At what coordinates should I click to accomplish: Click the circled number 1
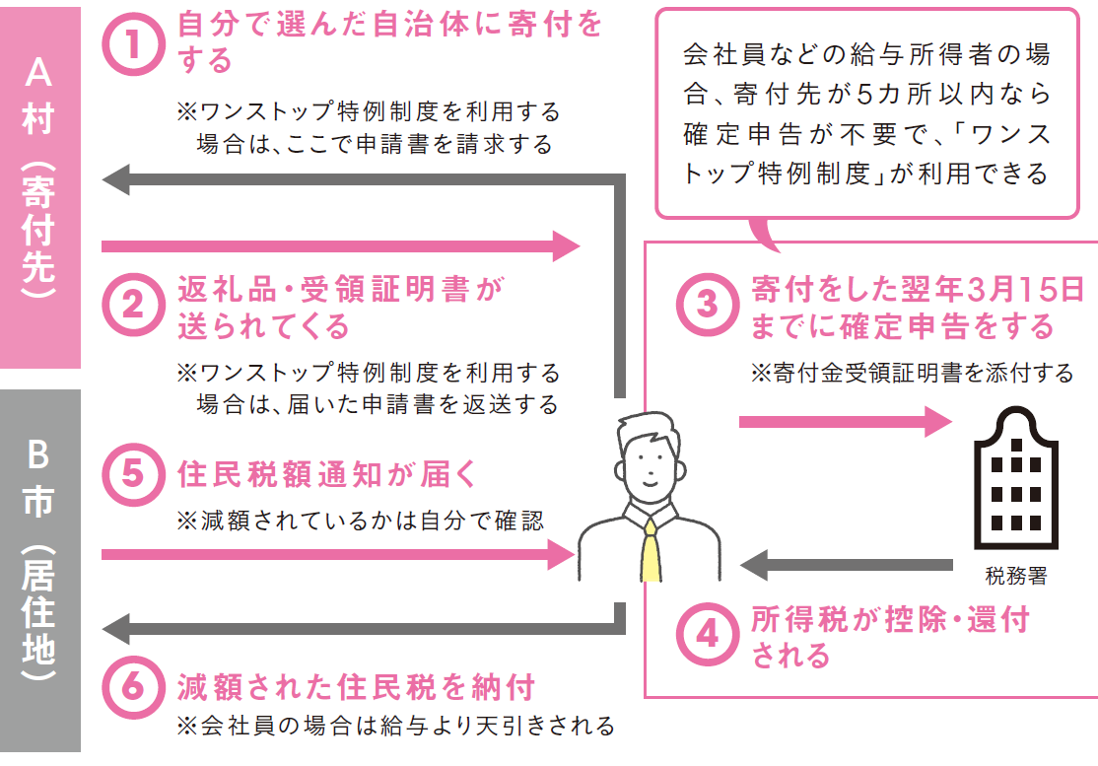pos(134,44)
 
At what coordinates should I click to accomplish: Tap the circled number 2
pos(134,306)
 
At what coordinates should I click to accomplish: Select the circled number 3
pos(708,306)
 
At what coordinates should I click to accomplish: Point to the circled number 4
pos(708,634)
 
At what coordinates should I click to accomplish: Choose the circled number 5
pos(134,474)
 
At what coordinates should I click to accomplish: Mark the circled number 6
pos(134,687)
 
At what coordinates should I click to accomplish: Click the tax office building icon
pos(1016,478)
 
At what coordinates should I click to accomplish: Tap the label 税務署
pos(1016,576)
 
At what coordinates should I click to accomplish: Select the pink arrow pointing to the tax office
pos(846,422)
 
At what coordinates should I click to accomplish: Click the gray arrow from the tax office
pos(846,564)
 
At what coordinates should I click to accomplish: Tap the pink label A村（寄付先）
pos(39,187)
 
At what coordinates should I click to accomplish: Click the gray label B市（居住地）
pos(39,571)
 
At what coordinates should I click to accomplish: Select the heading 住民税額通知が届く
pos(327,474)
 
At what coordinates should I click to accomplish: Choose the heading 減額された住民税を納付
pos(357,687)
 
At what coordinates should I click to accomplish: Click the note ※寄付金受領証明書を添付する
pos(912,373)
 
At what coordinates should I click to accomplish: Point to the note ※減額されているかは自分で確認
pos(360,521)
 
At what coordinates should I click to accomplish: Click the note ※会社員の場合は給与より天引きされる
pos(395,726)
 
